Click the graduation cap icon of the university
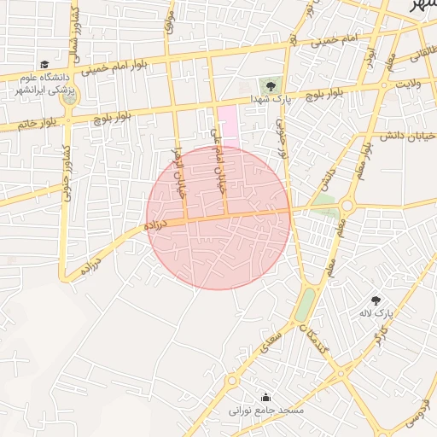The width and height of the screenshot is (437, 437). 44,64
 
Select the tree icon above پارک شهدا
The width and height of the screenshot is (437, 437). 271,86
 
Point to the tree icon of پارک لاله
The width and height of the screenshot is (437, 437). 376,300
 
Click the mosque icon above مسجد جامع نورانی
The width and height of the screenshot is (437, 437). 266,397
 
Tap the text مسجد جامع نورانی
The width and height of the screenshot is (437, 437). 266,411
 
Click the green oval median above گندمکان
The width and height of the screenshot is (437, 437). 305,303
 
